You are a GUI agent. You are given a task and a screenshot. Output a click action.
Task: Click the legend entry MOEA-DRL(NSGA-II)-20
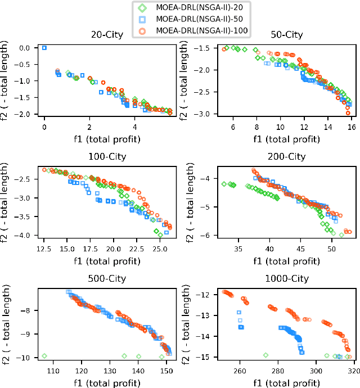(x=183, y=7)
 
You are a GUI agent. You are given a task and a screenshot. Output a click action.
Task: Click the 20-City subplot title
(x=108, y=35)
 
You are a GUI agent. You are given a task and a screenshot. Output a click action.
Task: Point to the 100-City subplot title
(x=108, y=156)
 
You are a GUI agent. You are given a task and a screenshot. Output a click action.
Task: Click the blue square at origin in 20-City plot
(x=44, y=48)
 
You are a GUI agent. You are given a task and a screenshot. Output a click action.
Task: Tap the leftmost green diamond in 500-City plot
(x=44, y=356)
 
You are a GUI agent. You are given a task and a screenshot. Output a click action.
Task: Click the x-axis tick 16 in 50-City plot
(x=351, y=128)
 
